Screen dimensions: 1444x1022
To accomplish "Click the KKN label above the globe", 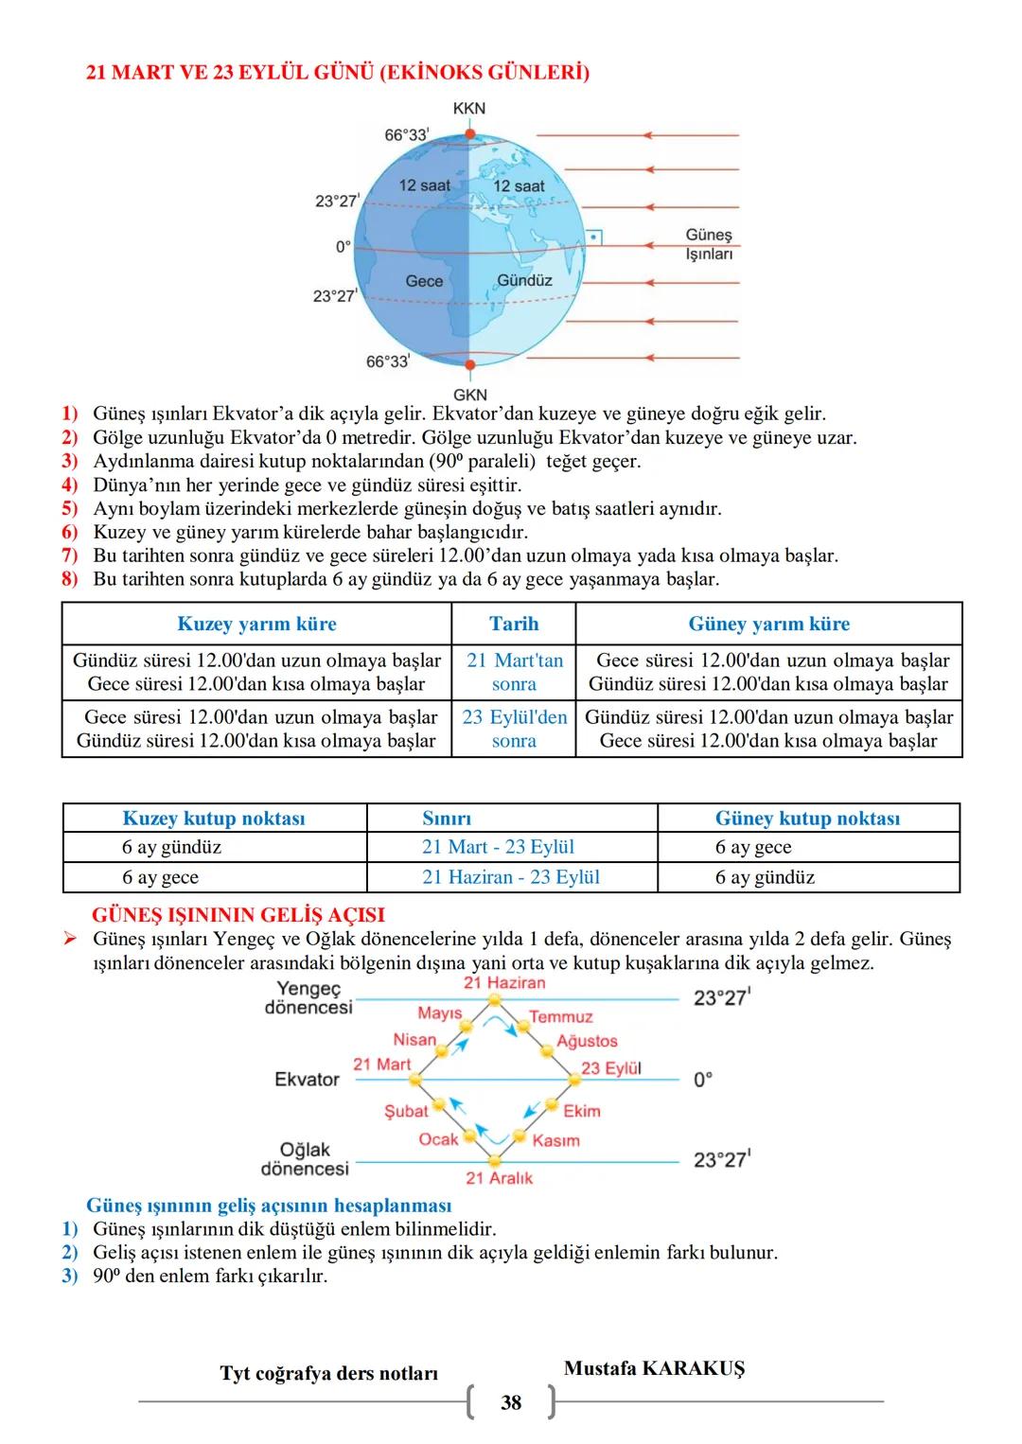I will point(468,108).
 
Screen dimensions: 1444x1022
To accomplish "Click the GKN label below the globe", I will point(469,394).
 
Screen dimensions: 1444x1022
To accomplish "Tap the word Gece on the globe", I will point(424,281).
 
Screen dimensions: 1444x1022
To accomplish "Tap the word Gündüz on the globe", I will point(524,281).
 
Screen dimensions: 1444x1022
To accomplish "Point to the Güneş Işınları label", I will point(709,244).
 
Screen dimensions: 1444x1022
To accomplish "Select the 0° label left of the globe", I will point(343,247).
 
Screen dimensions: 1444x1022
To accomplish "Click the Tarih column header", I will point(514,624).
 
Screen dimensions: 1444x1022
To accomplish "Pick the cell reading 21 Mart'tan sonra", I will point(514,672).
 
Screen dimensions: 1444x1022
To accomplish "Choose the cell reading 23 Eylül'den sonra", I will point(514,729).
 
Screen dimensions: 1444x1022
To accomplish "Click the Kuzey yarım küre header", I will point(256,624).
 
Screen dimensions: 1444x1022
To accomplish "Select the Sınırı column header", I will point(447,819).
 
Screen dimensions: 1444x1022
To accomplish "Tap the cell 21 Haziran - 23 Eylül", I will point(511,877).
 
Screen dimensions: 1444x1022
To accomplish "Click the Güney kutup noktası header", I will point(807,819).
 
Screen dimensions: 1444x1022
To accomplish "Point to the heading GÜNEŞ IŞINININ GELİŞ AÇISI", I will point(238,915).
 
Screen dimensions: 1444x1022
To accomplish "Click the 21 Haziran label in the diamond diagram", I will point(504,983).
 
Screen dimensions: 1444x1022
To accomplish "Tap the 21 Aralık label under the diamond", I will point(499,1178).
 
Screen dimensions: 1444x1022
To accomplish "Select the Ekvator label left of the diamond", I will point(307,1080).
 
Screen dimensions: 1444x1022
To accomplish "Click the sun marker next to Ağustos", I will point(545,1051).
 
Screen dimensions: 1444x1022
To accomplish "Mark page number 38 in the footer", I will point(511,1402).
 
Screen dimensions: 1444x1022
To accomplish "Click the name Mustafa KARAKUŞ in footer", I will point(654,1368).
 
